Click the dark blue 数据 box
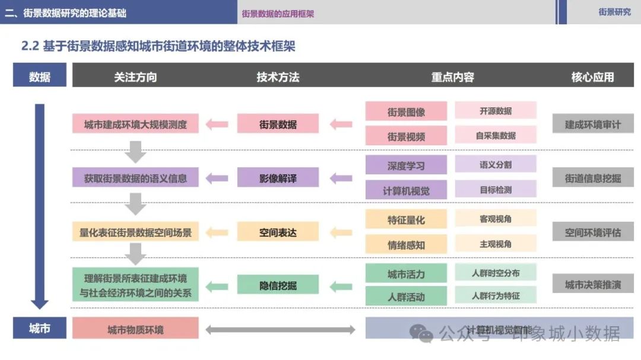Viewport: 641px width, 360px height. point(39,77)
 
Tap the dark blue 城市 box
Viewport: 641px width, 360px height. point(39,328)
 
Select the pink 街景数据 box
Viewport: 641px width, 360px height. point(278,124)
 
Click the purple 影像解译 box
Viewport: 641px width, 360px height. point(278,177)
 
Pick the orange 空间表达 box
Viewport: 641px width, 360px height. point(278,232)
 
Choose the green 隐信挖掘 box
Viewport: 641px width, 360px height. point(278,285)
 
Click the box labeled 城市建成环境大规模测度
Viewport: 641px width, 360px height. point(135,124)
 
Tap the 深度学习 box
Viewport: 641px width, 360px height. point(406,165)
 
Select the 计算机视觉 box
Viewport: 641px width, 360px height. point(406,190)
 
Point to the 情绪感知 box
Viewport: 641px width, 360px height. point(406,244)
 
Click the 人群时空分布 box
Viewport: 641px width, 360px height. point(496,273)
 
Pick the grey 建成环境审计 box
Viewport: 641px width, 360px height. point(592,124)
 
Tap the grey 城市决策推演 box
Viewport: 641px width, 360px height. point(592,285)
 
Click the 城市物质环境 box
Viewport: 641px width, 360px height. point(135,329)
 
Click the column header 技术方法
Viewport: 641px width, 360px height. point(278,77)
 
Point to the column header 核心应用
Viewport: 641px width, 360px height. point(592,77)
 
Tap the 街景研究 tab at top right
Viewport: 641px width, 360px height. point(614,12)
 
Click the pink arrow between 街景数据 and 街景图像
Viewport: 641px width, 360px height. point(341,124)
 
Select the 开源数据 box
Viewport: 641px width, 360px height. point(496,111)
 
